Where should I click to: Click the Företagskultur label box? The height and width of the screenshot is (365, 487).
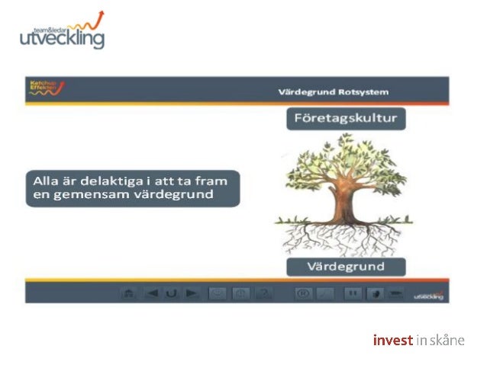[x=346, y=119]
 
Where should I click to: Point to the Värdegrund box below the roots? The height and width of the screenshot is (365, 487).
[x=345, y=267]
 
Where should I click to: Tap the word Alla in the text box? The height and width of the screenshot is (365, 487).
[x=46, y=181]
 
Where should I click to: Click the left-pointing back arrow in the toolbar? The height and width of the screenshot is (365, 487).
[x=152, y=293]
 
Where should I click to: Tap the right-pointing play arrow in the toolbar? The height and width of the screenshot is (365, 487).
[x=192, y=293]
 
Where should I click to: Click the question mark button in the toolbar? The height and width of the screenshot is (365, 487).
[x=265, y=293]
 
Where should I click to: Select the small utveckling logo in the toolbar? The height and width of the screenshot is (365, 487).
[x=427, y=295]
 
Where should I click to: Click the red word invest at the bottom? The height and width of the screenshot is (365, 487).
[x=392, y=340]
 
